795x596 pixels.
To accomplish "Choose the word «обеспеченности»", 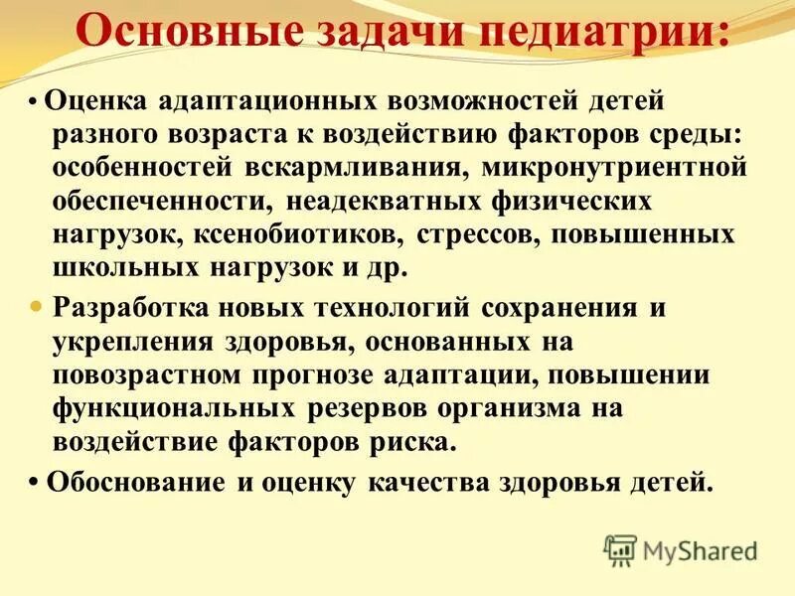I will pyautogui.click(x=160, y=202).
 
